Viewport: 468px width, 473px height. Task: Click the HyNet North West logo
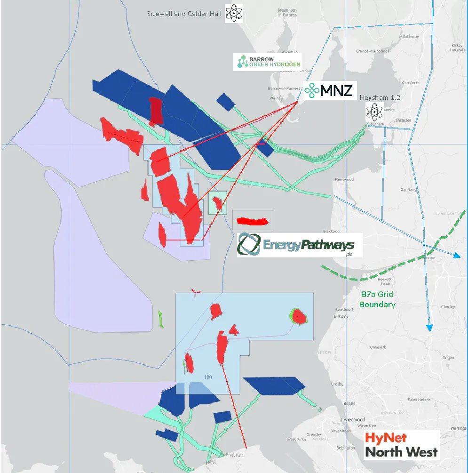tap(401, 445)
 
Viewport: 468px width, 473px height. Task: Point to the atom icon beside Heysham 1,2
tap(375, 111)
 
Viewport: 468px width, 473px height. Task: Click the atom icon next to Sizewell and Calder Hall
tap(234, 13)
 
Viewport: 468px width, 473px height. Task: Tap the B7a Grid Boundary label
tap(377, 299)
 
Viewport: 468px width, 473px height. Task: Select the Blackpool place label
tap(332, 231)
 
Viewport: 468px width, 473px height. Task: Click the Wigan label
tap(448, 358)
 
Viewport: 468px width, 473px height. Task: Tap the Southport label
tap(344, 310)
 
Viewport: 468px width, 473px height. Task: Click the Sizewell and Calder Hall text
tap(184, 14)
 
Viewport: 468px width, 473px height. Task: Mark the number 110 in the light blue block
tap(208, 377)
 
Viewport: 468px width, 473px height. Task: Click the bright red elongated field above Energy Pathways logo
tap(252, 221)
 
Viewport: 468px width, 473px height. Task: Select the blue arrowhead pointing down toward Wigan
tap(429, 328)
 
